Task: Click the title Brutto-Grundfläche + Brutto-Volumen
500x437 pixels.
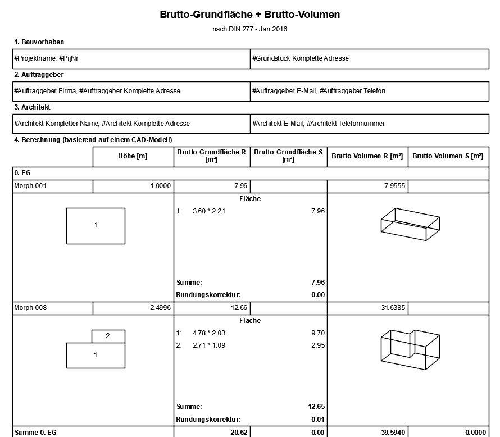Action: pos(250,15)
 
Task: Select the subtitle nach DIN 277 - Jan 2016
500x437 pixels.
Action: pos(250,29)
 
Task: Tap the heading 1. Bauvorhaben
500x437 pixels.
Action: pos(39,42)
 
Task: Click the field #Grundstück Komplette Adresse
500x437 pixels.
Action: pos(301,58)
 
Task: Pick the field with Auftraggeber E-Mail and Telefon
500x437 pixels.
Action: pos(319,90)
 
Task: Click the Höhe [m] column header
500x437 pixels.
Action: pos(133,157)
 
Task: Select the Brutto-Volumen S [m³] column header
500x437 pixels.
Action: pos(448,157)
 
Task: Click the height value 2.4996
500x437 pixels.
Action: pos(161,308)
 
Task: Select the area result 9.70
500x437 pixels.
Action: pos(317,333)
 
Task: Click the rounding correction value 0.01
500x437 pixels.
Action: pos(318,419)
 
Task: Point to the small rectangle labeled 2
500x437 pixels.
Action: pos(108,336)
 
